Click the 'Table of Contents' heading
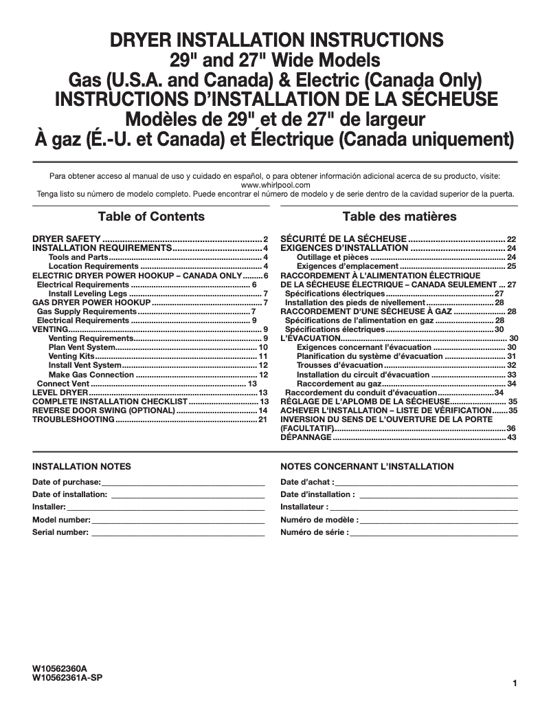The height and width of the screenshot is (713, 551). click(151, 217)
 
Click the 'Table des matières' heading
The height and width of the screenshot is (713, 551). click(399, 217)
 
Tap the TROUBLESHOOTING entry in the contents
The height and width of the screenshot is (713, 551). click(74, 419)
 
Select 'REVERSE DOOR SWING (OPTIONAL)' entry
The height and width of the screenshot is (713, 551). click(104, 410)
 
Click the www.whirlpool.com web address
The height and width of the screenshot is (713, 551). click(275, 185)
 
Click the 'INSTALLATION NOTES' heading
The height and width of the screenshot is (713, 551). click(82, 466)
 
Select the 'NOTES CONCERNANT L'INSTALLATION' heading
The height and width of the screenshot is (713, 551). click(367, 466)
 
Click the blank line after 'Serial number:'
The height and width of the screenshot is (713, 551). click(178, 532)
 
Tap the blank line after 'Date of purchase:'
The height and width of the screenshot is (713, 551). click(183, 481)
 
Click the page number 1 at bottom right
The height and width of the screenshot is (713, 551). click(514, 683)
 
